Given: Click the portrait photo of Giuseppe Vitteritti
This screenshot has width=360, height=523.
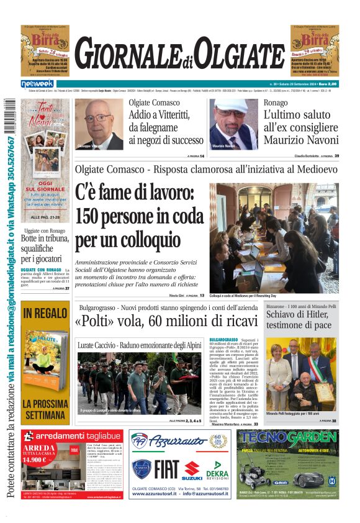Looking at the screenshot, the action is pos(99,124).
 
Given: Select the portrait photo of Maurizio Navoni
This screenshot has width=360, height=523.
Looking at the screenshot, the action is pos(233,124).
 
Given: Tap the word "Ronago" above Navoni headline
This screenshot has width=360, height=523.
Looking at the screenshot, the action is pos(276,102).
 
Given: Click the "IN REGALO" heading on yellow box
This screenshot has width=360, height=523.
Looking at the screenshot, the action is pos(45,313).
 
